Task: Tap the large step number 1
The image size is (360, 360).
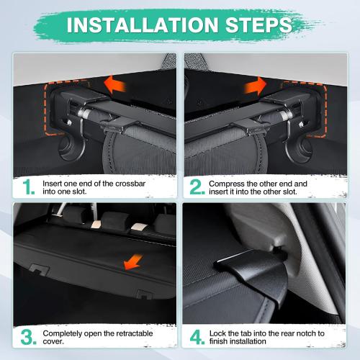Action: click(x=27, y=188)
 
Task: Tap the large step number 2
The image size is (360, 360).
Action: click(x=197, y=188)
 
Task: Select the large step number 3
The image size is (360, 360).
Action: click(x=27, y=337)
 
